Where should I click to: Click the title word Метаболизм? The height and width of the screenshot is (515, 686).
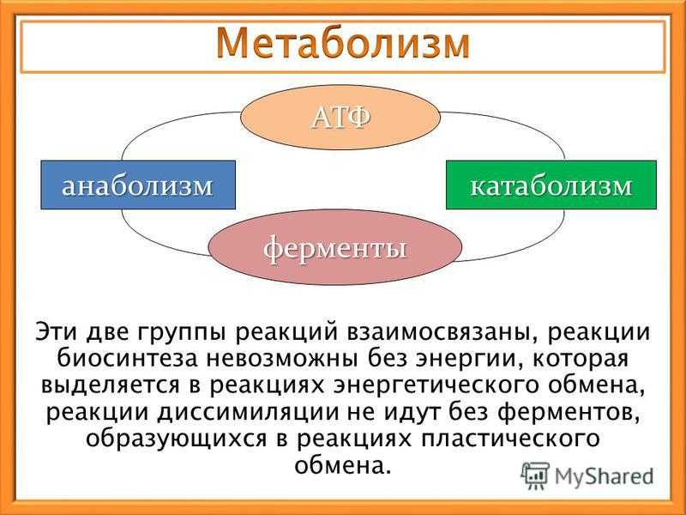point(343,44)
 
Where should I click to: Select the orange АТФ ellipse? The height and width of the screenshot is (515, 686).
point(340,117)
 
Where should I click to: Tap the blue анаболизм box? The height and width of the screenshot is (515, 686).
point(138,185)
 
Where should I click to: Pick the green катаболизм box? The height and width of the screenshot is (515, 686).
point(551,185)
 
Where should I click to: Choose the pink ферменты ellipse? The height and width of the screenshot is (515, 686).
point(335,247)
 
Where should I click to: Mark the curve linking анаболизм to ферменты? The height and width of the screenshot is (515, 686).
point(148,240)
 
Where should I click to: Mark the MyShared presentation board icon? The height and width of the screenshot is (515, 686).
point(534,476)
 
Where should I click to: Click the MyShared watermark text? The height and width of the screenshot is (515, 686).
point(604,476)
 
